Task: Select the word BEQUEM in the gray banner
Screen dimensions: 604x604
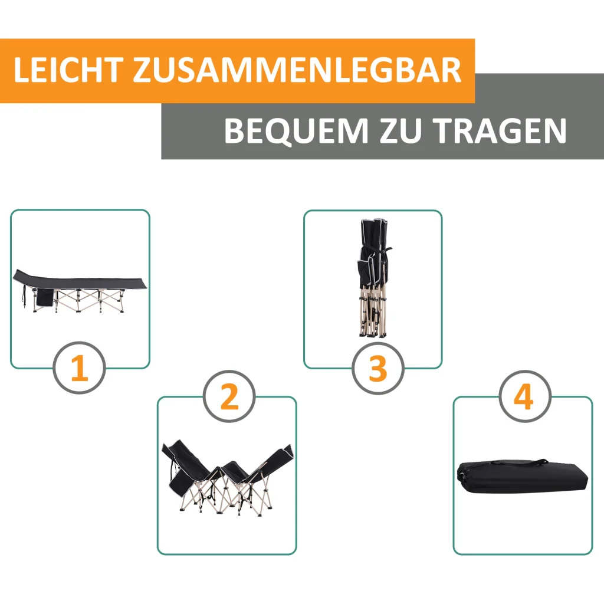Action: coord(296,131)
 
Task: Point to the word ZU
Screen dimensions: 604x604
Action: coord(401,130)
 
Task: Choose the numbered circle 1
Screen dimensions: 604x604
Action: coord(80,367)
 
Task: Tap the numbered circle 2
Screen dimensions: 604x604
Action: coord(229,396)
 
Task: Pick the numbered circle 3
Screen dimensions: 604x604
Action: coord(378,368)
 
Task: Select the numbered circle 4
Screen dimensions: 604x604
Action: coord(524,396)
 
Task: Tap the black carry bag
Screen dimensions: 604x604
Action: coord(523,476)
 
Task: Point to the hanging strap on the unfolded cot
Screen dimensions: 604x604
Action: coord(25,297)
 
